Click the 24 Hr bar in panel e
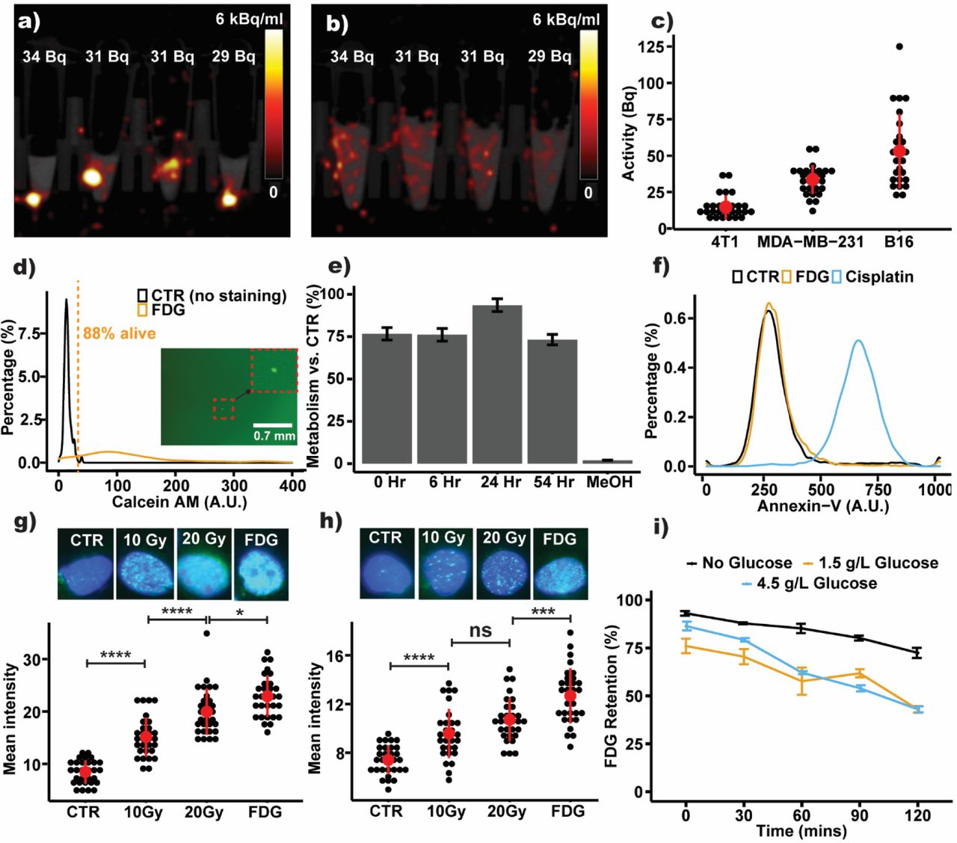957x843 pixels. pos(497,384)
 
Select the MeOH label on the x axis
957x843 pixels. pos(609,482)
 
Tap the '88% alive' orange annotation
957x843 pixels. pos(120,333)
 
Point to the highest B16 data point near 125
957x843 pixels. pos(899,46)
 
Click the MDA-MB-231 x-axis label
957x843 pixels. pos(810,242)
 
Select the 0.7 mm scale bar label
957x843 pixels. pos(274,436)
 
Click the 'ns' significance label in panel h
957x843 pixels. pos(480,630)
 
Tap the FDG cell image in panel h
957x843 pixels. pos(559,564)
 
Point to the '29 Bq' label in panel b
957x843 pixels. pos(550,57)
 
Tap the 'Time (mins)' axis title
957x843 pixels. pos(801,831)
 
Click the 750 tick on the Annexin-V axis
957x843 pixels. pos(878,490)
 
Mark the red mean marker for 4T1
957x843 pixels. pos(724,208)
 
